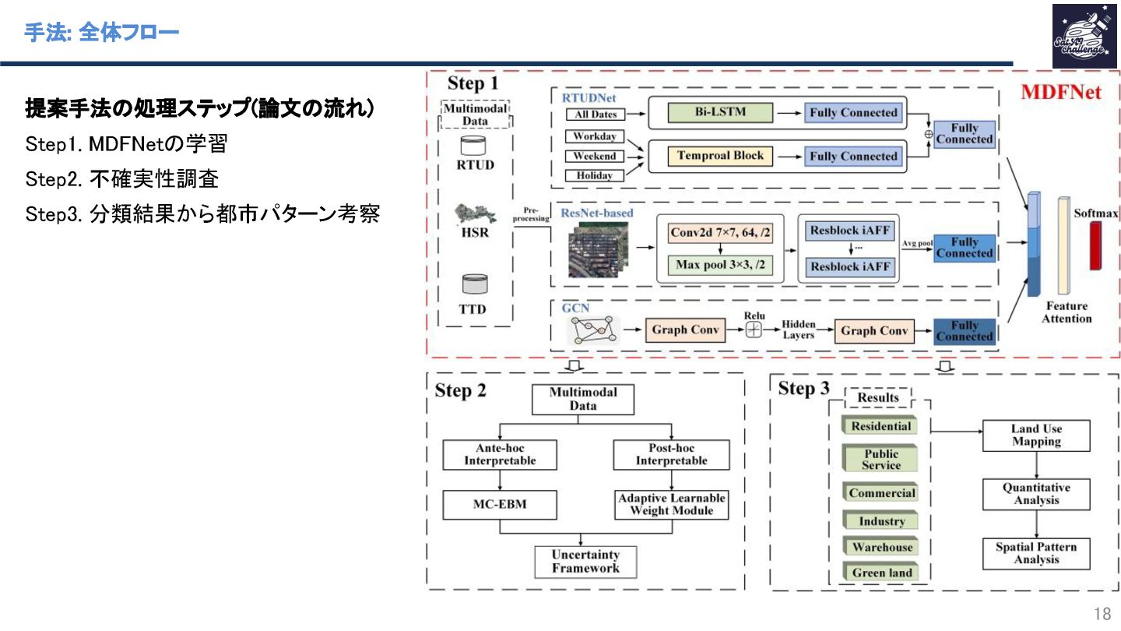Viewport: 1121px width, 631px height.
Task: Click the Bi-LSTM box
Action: [720, 112]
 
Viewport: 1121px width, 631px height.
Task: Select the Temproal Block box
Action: [720, 156]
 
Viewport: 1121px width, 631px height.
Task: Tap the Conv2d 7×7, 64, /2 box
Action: [720, 232]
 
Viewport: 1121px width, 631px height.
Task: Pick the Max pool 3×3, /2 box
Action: [720, 265]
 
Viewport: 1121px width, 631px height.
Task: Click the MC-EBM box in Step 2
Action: [500, 504]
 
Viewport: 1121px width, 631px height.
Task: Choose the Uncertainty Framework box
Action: [585, 562]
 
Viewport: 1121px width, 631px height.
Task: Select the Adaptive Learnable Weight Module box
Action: [672, 504]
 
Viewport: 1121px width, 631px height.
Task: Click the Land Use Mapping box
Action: [1036, 435]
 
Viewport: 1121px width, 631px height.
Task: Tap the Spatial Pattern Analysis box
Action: [1036, 553]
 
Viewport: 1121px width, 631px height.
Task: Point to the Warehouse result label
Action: [881, 547]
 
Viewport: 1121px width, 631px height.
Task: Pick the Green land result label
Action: [881, 573]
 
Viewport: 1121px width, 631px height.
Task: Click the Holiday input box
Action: [595, 175]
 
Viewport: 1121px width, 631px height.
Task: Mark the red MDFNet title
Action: [1061, 92]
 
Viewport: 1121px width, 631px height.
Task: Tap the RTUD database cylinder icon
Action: [473, 145]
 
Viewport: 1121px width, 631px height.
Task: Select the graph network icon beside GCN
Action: [594, 330]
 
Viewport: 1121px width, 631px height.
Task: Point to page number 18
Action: [1102, 612]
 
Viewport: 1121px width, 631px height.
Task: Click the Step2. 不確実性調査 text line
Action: [122, 180]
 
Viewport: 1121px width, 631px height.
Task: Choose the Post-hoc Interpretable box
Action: [672, 454]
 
